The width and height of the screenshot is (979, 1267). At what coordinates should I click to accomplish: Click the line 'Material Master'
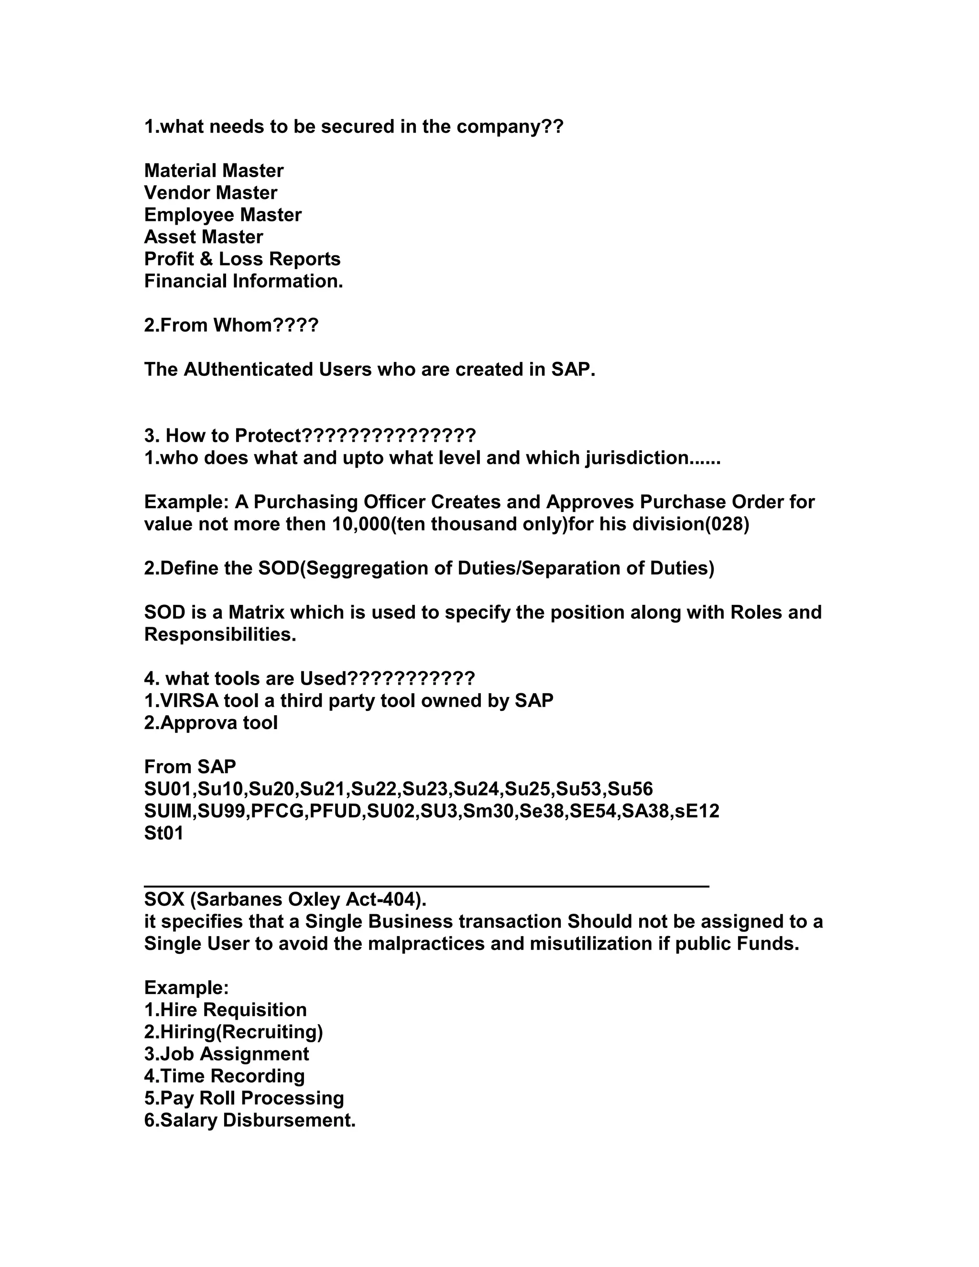tap(213, 171)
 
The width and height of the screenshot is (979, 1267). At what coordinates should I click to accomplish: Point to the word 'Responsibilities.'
tap(220, 634)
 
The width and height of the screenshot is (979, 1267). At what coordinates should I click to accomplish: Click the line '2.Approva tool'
tap(210, 723)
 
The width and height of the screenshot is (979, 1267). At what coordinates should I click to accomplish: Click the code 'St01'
tap(163, 833)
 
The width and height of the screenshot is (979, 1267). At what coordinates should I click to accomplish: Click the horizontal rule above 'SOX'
tap(426, 886)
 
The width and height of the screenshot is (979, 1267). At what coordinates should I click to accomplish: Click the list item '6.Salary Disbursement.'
tap(250, 1120)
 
